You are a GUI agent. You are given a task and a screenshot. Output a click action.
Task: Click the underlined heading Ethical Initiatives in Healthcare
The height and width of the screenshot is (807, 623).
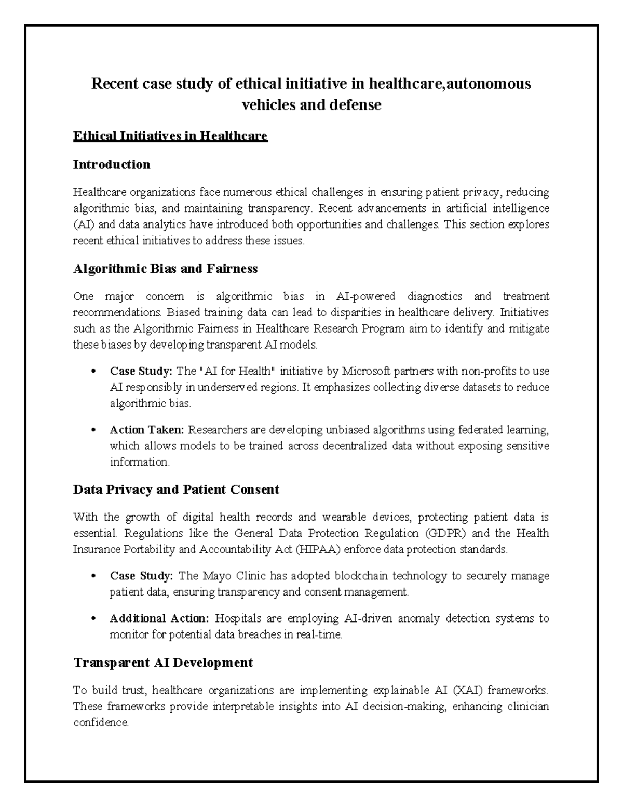click(170, 137)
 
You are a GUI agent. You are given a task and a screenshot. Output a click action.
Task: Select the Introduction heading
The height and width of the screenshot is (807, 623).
click(112, 165)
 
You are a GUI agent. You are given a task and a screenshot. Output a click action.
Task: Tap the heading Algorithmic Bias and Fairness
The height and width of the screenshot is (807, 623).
click(165, 269)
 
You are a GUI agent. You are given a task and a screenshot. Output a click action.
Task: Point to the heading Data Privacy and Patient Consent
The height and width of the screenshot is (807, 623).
click(176, 490)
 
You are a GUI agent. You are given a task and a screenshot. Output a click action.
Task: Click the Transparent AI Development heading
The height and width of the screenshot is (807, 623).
click(163, 663)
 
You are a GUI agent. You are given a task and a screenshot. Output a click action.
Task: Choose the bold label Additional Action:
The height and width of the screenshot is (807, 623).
click(159, 618)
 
